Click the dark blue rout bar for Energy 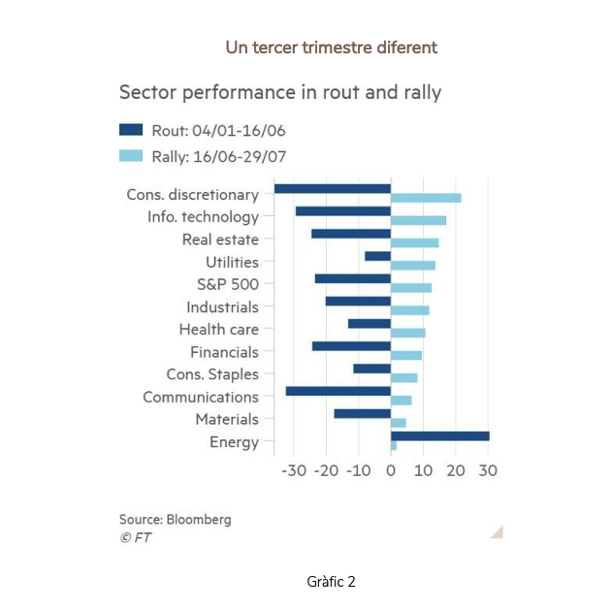(439, 436)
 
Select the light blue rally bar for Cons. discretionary (426, 198)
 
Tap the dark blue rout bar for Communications (338, 391)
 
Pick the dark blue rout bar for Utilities (377, 256)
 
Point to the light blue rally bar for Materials (399, 423)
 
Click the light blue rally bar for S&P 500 (411, 288)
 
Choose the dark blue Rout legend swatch (131, 130)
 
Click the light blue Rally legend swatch (131, 155)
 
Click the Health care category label (218, 330)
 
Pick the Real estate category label (220, 240)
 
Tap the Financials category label (224, 352)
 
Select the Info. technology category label (203, 217)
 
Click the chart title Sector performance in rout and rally (279, 93)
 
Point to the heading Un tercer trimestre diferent (331, 47)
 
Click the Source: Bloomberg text (175, 519)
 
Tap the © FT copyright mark (136, 537)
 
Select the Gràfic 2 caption (331, 582)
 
